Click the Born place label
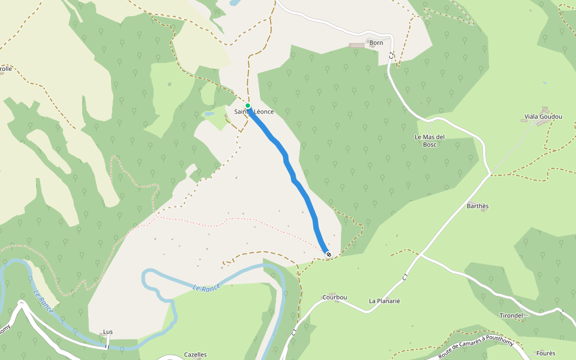(x=376, y=43)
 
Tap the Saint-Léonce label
(x=254, y=112)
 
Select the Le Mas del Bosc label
(x=430, y=140)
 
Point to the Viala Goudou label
(x=539, y=116)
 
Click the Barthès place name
(x=478, y=206)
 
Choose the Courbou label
(x=335, y=298)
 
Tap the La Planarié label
(x=385, y=301)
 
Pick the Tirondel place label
(x=511, y=316)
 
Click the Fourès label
(x=545, y=353)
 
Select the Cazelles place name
(x=195, y=355)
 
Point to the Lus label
(x=108, y=332)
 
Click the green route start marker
(x=247, y=106)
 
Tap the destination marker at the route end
(x=328, y=254)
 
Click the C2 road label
(x=391, y=55)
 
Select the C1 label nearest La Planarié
(x=406, y=277)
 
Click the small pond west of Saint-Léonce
(x=208, y=113)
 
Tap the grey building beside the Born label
(x=356, y=45)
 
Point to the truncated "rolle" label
(x=6, y=69)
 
